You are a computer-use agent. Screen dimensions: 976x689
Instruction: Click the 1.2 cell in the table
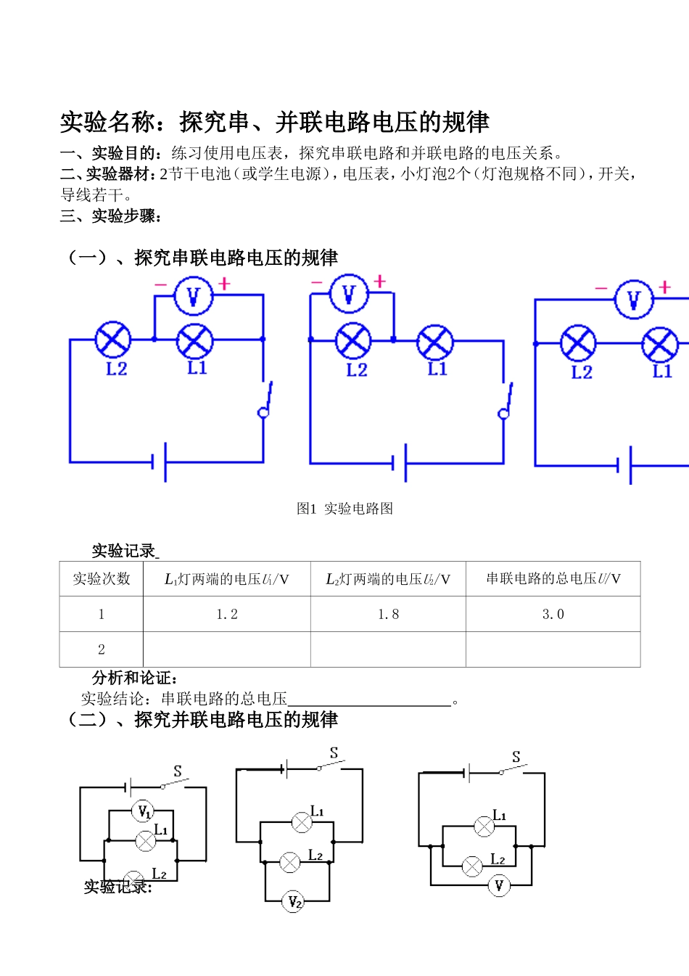[227, 614]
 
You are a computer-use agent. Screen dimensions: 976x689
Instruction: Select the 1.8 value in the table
[388, 614]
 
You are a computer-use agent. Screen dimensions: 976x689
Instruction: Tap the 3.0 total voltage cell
[553, 614]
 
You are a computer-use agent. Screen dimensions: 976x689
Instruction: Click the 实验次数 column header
[102, 578]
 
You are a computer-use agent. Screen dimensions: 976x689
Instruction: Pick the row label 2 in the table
[102, 649]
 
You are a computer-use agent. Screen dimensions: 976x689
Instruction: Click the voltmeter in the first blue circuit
[194, 296]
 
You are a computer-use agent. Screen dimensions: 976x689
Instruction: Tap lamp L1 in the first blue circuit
[195, 341]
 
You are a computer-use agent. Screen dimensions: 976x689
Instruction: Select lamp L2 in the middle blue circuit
[353, 341]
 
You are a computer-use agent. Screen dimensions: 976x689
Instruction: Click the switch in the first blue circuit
[265, 399]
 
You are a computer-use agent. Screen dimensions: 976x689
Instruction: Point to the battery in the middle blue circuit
[400, 462]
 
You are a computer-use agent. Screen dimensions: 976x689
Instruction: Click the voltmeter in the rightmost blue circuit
[633, 299]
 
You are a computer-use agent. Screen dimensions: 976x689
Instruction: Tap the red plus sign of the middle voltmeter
[379, 281]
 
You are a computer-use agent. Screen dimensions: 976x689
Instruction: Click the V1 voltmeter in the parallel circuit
[144, 811]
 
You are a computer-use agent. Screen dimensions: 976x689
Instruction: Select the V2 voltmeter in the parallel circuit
[293, 902]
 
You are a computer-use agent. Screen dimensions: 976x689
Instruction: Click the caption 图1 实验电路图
[344, 509]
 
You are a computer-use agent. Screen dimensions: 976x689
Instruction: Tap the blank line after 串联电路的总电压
[369, 700]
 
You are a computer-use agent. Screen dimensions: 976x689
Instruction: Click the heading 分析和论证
[135, 678]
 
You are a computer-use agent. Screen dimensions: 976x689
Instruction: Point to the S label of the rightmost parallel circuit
[516, 757]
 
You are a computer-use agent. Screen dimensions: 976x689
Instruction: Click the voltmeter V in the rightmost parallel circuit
[498, 885]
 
